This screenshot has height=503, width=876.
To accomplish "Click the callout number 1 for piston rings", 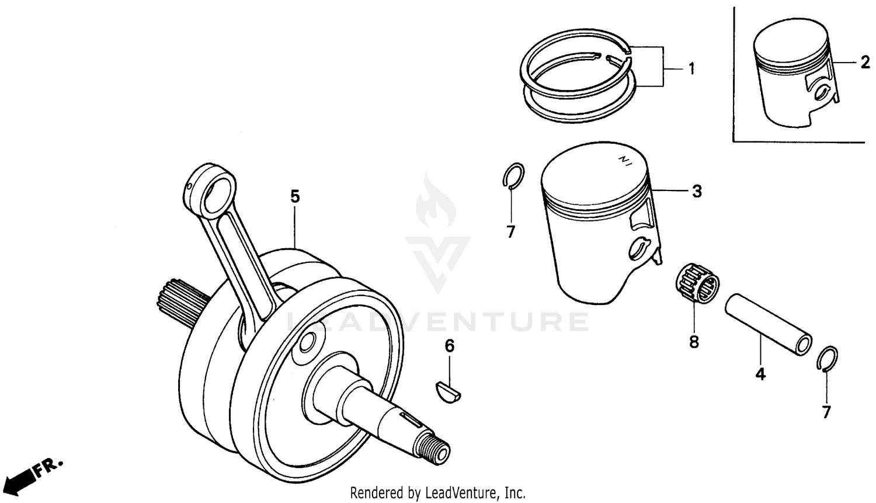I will pos(691,70).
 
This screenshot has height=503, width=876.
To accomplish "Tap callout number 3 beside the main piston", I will pos(697,191).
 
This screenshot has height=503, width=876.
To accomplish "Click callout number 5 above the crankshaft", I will pos(295,197).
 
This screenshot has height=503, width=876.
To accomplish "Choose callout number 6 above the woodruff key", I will pos(449,346).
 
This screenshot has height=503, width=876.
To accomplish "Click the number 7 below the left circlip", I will pos(511,232).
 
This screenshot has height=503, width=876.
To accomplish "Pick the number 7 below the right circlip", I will pos(826,412).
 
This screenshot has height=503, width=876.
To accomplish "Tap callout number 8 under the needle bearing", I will pos(694,341).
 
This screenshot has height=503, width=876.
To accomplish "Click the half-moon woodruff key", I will pos(449,392).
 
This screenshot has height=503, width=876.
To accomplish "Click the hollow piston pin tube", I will pos(768,325).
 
